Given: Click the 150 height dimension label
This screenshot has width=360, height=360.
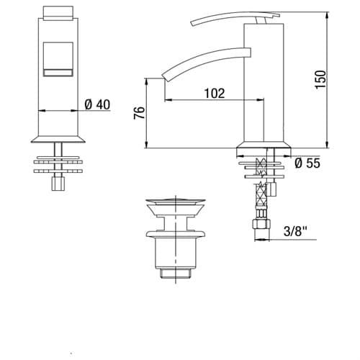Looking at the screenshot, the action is coord(321,79).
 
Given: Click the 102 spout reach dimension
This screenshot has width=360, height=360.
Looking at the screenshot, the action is coord(215,93).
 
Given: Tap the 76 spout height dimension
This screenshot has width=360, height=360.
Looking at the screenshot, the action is coord(140,112).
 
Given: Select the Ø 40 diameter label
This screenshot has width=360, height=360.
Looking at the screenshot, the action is coord(97,104).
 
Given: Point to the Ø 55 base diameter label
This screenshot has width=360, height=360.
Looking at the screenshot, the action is coord(307,163).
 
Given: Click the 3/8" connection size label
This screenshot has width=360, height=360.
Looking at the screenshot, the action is coord(295,231).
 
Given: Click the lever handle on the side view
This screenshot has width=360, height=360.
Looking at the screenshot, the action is coord(235,18).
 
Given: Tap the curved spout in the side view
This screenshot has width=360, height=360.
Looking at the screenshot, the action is coord(207,63).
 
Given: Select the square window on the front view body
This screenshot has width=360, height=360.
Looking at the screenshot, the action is coord(58,59).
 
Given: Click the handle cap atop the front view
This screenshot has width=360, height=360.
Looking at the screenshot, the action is coord(58,13).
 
